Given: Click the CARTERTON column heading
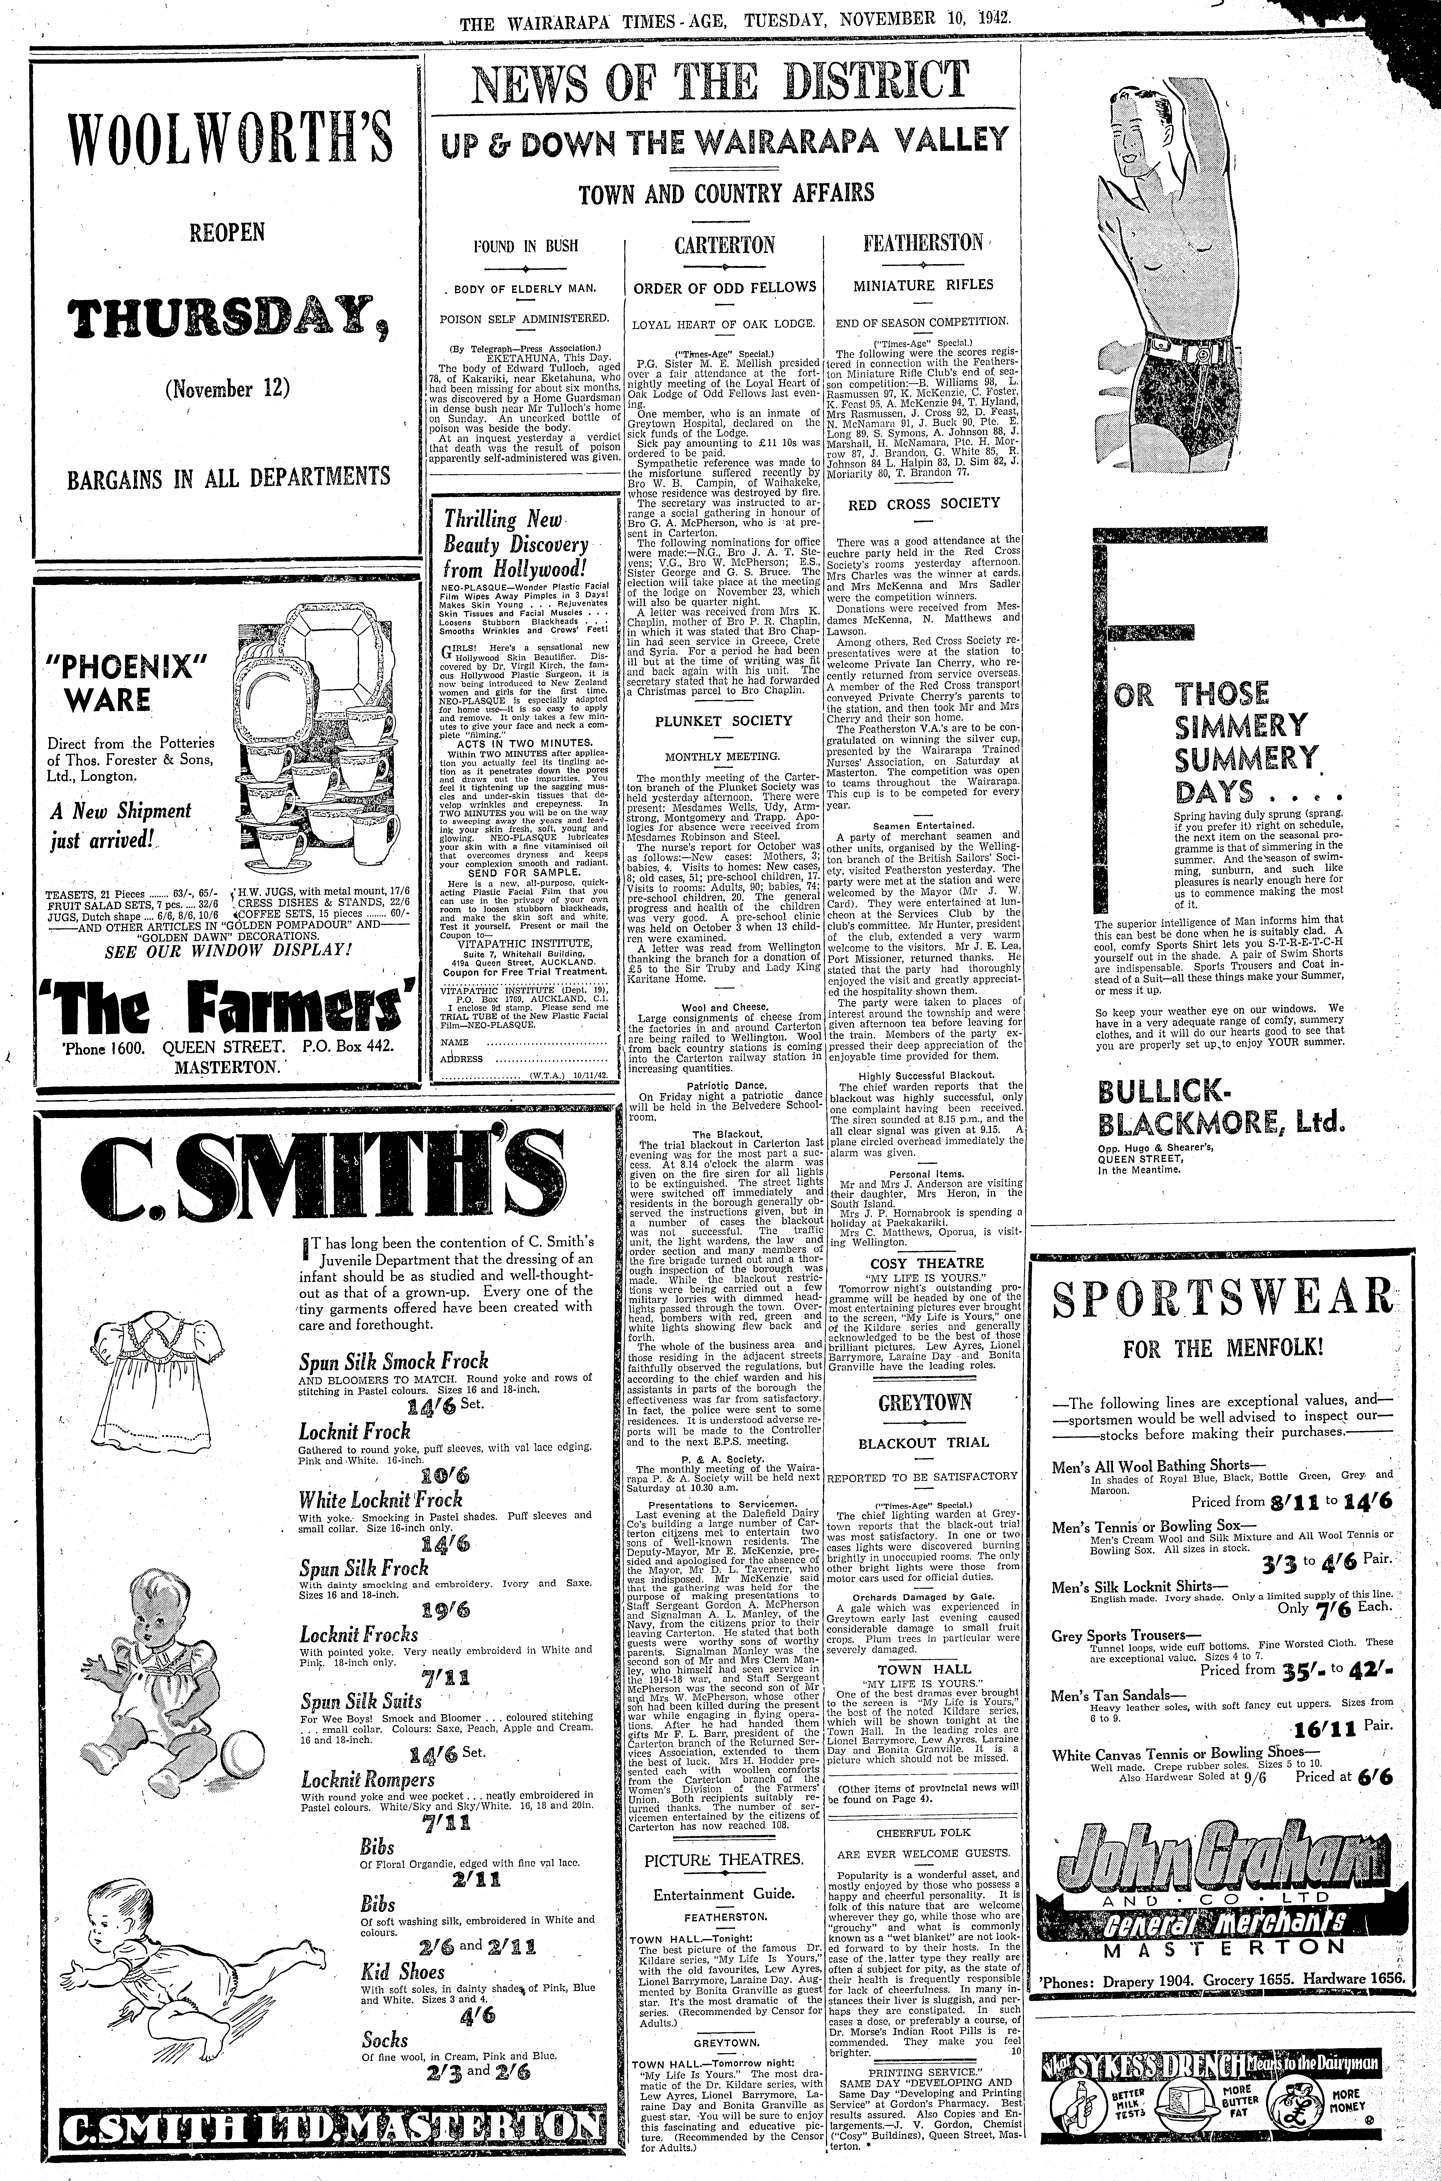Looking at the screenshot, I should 724,246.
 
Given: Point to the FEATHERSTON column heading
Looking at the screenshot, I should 923,244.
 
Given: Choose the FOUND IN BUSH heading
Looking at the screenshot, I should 520,246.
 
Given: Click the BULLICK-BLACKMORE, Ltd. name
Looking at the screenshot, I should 1220,1108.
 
